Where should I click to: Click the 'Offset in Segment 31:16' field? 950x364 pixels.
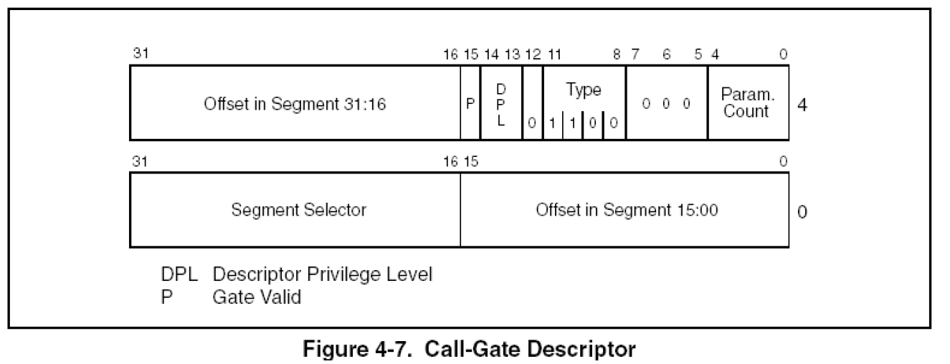point(295,103)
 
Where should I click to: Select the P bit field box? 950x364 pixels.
point(470,103)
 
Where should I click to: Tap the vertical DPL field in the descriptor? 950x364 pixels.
point(501,103)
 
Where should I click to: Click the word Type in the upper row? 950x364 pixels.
point(584,90)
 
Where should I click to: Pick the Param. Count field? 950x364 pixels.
point(748,103)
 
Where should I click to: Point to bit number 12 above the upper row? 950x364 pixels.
point(533,54)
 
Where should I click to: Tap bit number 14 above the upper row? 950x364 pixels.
point(492,54)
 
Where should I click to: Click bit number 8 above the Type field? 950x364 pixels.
point(617,54)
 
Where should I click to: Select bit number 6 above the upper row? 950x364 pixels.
point(667,54)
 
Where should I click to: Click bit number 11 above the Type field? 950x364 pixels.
point(555,54)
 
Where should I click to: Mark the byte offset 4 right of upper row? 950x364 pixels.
point(802,105)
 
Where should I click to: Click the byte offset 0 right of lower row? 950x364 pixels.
point(802,211)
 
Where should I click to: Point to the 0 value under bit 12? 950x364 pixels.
point(532,123)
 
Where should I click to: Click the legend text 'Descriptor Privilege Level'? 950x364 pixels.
point(323,274)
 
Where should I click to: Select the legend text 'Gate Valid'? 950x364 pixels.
point(257,297)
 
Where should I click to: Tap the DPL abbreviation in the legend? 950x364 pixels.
point(179,274)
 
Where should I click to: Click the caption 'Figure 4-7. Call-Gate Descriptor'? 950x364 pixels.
point(469,349)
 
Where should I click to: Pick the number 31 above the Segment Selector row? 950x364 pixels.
point(140,161)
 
